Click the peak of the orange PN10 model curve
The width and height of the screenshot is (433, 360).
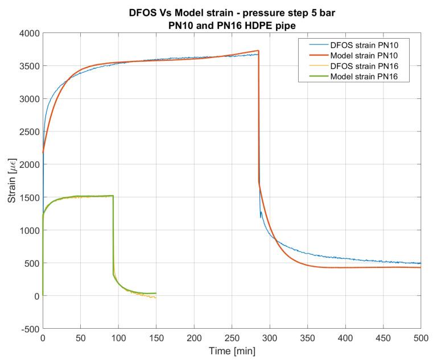coord(258,51)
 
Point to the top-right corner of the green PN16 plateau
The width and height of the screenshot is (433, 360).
coord(113,196)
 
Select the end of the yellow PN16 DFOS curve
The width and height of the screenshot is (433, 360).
coord(155,297)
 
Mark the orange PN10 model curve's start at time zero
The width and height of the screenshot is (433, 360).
coord(43,152)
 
